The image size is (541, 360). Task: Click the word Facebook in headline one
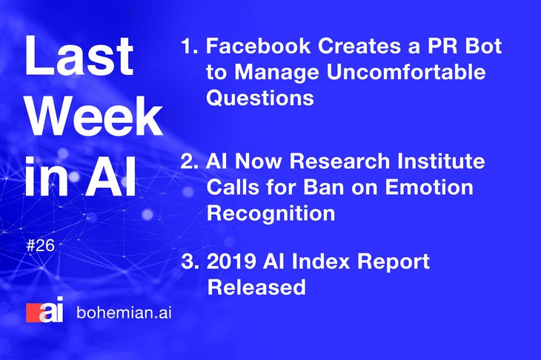(258, 46)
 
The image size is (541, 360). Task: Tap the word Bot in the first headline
(483, 46)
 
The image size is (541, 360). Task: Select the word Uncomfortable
(406, 72)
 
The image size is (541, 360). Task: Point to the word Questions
(260, 98)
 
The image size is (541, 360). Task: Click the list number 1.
(190, 46)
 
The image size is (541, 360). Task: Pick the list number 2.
(190, 161)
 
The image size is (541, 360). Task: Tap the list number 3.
(190, 261)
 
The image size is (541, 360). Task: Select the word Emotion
(429, 187)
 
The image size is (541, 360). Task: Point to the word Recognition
(270, 214)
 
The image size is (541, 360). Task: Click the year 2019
(231, 261)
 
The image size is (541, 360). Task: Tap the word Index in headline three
(321, 261)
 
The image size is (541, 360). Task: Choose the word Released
(256, 287)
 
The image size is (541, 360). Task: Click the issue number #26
(40, 245)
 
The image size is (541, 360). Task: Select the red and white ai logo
(44, 310)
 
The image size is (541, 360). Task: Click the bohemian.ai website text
(124, 313)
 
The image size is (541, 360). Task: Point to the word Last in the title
(79, 55)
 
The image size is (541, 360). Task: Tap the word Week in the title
(95, 116)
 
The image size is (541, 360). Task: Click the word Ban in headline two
(324, 187)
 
